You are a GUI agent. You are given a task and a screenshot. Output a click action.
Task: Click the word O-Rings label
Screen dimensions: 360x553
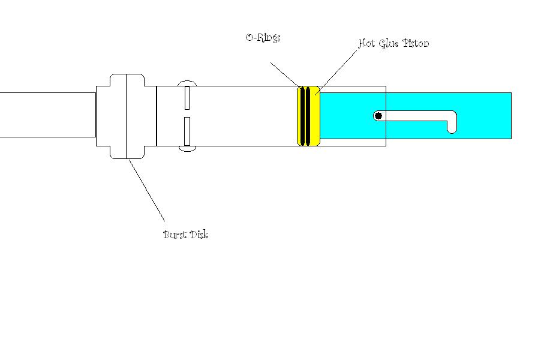tap(263, 37)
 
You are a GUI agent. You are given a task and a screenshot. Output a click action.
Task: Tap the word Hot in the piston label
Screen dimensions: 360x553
tap(366, 43)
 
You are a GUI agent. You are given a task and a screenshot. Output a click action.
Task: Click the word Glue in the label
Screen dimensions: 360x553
tap(389, 43)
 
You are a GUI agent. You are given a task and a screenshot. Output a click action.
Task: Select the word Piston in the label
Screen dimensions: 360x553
tap(416, 43)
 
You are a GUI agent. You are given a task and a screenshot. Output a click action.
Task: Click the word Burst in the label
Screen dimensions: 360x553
tap(175, 234)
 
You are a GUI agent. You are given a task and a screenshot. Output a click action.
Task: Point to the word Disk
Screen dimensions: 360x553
tap(199, 234)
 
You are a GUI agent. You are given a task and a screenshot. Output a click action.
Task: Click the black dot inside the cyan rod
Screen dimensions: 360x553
tap(378, 116)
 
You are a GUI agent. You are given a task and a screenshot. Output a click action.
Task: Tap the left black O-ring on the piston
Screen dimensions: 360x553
tap(302, 116)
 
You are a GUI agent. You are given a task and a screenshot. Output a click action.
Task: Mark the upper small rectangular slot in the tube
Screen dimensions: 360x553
tap(187, 97)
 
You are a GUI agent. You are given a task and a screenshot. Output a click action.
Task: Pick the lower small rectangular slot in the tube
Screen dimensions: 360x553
tap(187, 131)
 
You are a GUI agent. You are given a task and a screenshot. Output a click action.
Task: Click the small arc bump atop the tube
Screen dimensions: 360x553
tap(187, 82)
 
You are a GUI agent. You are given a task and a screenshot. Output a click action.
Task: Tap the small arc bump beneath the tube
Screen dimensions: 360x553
tap(187, 149)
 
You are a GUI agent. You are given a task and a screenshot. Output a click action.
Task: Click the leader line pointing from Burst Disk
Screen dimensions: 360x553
tap(147, 190)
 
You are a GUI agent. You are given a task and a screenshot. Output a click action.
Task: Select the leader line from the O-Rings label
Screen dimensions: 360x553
tap(284, 74)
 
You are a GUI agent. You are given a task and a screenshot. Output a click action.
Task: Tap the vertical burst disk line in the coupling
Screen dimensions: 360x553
tap(127, 116)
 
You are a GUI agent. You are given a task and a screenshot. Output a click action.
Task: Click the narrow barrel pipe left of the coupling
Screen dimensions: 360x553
tap(48, 115)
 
